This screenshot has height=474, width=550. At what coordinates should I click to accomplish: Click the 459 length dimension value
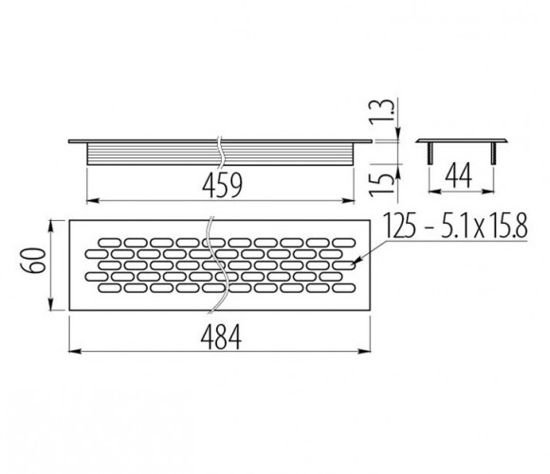tap(222, 186)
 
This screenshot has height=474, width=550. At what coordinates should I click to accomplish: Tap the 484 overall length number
tap(221, 337)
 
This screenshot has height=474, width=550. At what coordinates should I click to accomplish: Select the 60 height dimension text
tap(34, 260)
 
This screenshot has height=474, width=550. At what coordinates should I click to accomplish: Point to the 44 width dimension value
tap(458, 175)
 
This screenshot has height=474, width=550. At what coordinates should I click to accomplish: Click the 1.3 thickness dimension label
tap(379, 110)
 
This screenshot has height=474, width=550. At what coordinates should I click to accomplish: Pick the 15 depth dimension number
tap(380, 183)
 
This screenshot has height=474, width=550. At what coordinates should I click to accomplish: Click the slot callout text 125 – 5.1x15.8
tap(454, 226)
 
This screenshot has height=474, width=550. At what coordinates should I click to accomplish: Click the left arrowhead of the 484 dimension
tap(75, 351)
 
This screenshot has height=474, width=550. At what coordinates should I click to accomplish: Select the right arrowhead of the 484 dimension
tap(364, 351)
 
